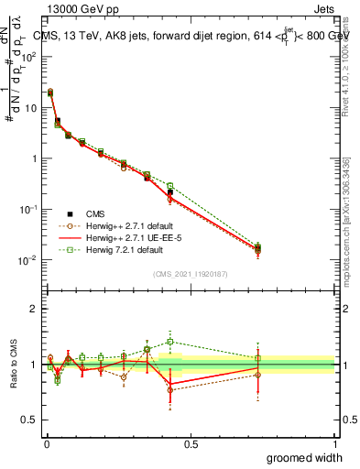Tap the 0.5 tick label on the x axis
click(191, 444)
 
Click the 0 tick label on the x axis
click(47, 444)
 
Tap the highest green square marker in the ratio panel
click(169, 342)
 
